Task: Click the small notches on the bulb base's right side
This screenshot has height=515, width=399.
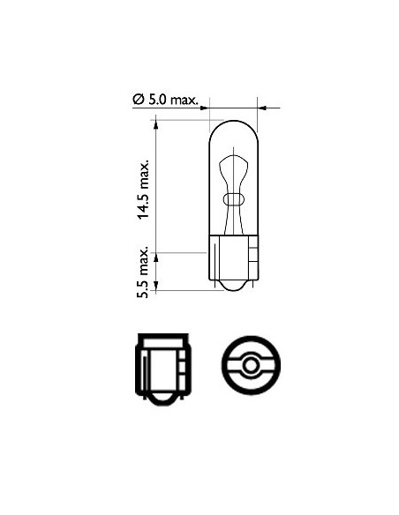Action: (x=252, y=260)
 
